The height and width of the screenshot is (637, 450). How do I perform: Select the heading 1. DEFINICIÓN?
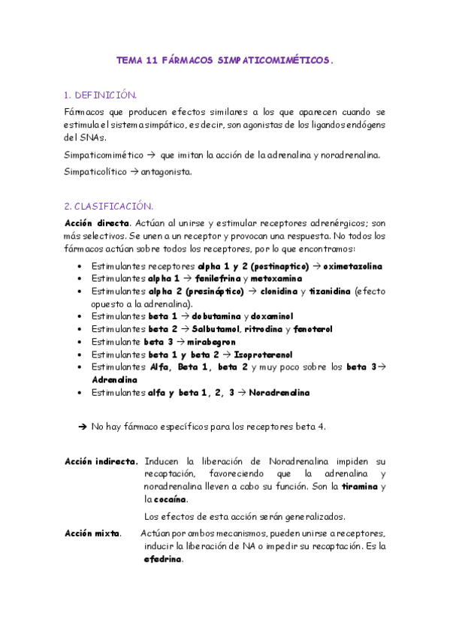pyautogui.click(x=100, y=95)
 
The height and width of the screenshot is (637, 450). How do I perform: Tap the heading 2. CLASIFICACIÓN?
pyautogui.click(x=109, y=205)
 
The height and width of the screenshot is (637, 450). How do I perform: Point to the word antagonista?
pyautogui.click(x=167, y=171)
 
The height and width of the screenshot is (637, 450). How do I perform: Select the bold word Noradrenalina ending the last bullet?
pyautogui.click(x=279, y=392)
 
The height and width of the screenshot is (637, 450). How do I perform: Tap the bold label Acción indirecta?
pyautogui.click(x=101, y=460)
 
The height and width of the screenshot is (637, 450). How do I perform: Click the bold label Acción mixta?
pyautogui.click(x=93, y=533)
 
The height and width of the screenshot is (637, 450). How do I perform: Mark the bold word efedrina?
pyautogui.click(x=163, y=560)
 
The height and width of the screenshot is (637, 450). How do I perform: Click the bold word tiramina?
pyautogui.click(x=360, y=486)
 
